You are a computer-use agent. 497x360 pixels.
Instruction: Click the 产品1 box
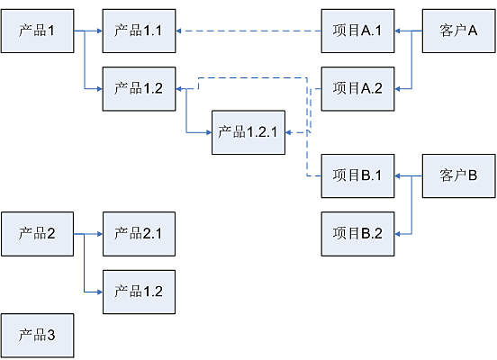[x=38, y=31]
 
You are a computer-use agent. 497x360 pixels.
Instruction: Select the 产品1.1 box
[x=139, y=31]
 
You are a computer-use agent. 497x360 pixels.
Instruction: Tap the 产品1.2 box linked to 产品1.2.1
[x=139, y=89]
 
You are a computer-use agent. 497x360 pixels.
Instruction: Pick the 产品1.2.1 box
[x=248, y=132]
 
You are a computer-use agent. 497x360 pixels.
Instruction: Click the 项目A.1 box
[x=357, y=31]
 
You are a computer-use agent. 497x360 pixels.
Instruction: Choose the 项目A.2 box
[x=357, y=89]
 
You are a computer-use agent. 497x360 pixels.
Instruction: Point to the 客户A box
[x=458, y=31]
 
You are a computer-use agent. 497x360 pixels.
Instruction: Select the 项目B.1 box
[x=357, y=175]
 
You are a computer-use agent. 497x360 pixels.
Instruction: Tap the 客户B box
[x=458, y=175]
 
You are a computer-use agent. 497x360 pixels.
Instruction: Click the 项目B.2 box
[x=357, y=234]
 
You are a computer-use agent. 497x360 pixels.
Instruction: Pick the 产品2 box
[x=38, y=234]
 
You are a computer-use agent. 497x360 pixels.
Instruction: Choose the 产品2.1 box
[x=139, y=234]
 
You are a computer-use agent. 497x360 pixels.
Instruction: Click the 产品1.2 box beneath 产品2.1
[x=139, y=292]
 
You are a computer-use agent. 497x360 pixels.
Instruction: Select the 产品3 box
[x=38, y=336]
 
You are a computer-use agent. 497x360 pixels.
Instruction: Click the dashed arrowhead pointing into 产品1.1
[x=178, y=31]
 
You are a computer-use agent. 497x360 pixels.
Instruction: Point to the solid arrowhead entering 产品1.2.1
[x=209, y=132]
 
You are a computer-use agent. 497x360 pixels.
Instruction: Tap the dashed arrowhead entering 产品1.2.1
[x=288, y=132]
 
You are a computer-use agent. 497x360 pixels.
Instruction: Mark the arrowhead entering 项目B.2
[x=397, y=234]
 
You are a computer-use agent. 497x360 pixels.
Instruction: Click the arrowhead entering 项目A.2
[x=397, y=89]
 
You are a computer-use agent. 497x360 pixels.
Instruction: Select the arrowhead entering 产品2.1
[x=100, y=234]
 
